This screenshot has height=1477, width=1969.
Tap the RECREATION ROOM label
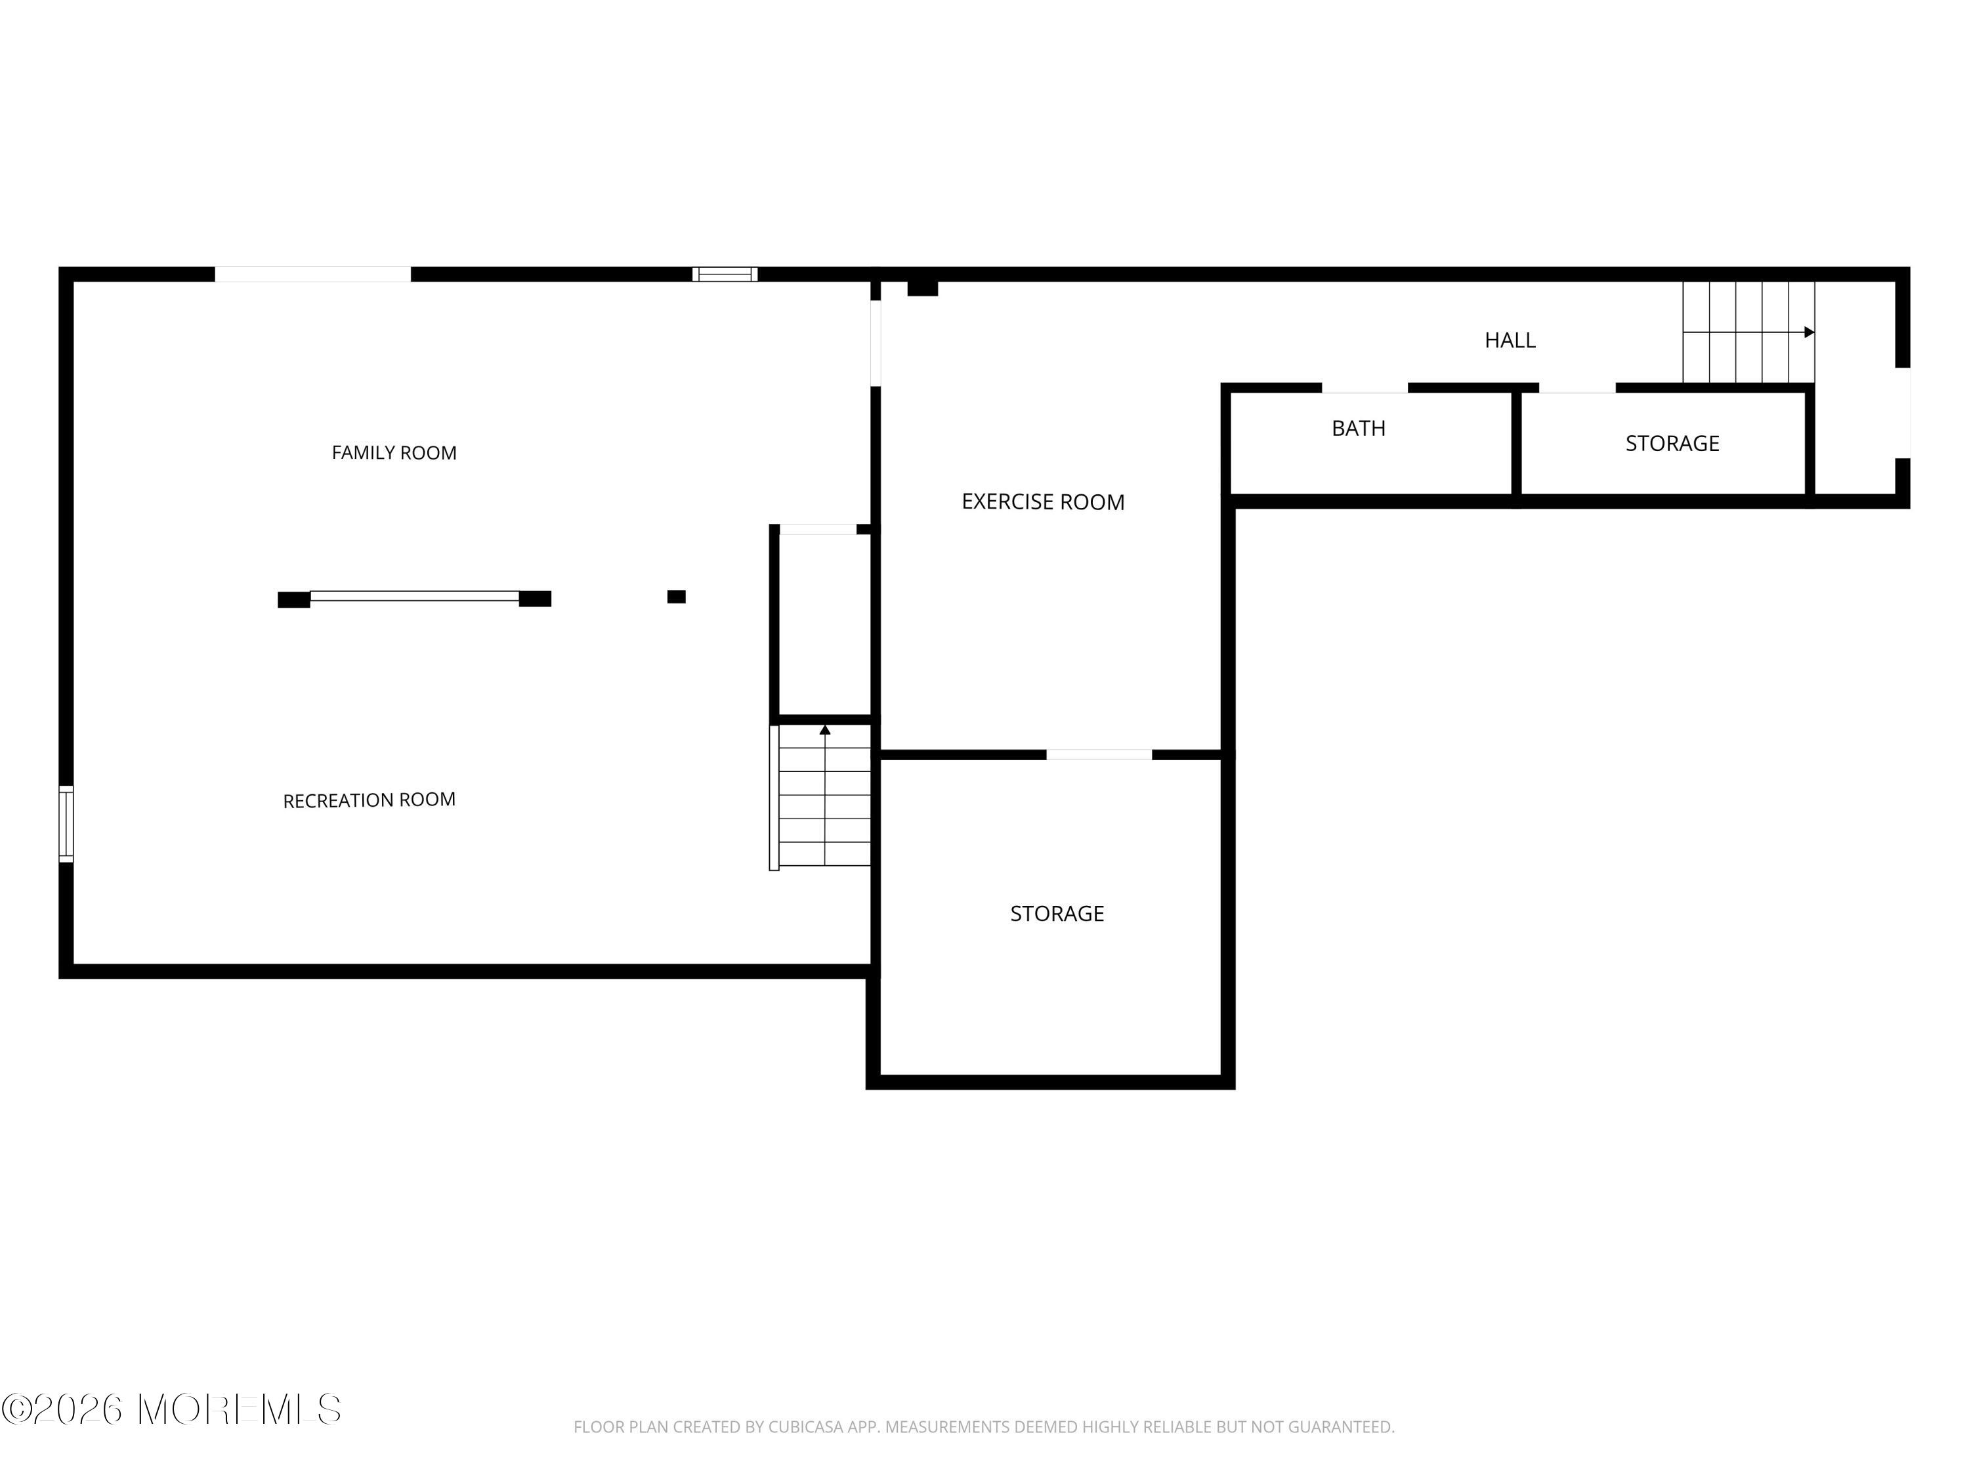370,800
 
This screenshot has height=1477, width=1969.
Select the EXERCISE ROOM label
1044,502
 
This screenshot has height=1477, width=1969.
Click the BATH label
1359,428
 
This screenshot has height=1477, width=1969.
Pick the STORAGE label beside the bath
1672,443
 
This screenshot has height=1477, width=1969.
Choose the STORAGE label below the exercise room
1057,914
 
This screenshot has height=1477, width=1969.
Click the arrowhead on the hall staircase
1809,332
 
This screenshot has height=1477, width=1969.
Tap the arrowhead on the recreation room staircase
825,730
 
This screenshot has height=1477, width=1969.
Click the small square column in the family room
677,597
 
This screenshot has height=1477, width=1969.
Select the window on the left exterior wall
66,824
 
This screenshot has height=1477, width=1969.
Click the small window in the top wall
725,274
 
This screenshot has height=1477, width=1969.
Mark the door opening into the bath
1364,388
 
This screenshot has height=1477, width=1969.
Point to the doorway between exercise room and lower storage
1099,755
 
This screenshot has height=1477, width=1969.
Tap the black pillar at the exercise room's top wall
922,288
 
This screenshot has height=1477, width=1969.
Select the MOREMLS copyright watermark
171,1409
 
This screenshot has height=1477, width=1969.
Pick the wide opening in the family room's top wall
312,274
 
